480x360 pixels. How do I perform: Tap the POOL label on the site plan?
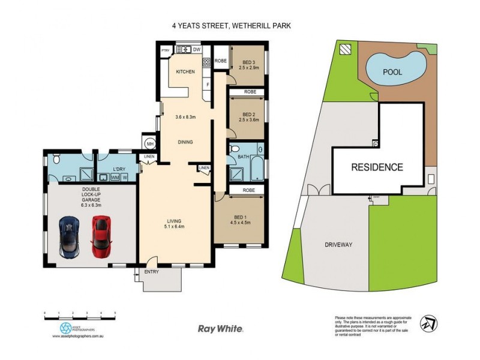coord(392,72)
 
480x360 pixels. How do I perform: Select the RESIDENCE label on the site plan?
coord(377,167)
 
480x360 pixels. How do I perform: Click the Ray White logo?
coord(221,328)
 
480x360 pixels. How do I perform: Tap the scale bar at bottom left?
coord(79,314)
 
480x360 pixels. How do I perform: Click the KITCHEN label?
coord(185,72)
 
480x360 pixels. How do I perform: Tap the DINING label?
coord(185,142)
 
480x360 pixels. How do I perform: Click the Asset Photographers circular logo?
coord(64,328)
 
